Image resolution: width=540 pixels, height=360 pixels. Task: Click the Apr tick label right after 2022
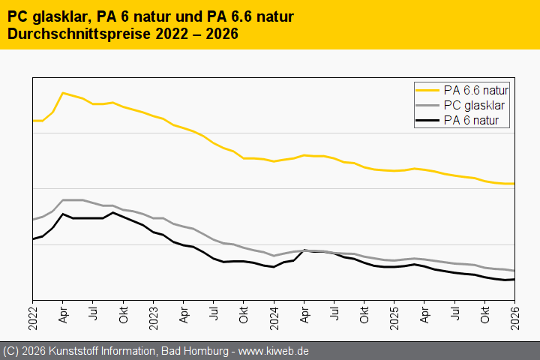(63, 313)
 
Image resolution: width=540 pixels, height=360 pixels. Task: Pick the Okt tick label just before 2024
(244, 313)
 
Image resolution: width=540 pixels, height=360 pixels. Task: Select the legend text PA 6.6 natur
(476, 91)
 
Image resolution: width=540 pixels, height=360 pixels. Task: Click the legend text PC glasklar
(474, 105)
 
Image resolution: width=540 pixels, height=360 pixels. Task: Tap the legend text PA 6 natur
(471, 119)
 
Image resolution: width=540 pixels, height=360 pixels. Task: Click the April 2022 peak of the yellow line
(62, 92)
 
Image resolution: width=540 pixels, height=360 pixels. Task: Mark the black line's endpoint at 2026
(514, 279)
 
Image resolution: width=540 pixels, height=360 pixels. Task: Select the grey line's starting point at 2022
(33, 220)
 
